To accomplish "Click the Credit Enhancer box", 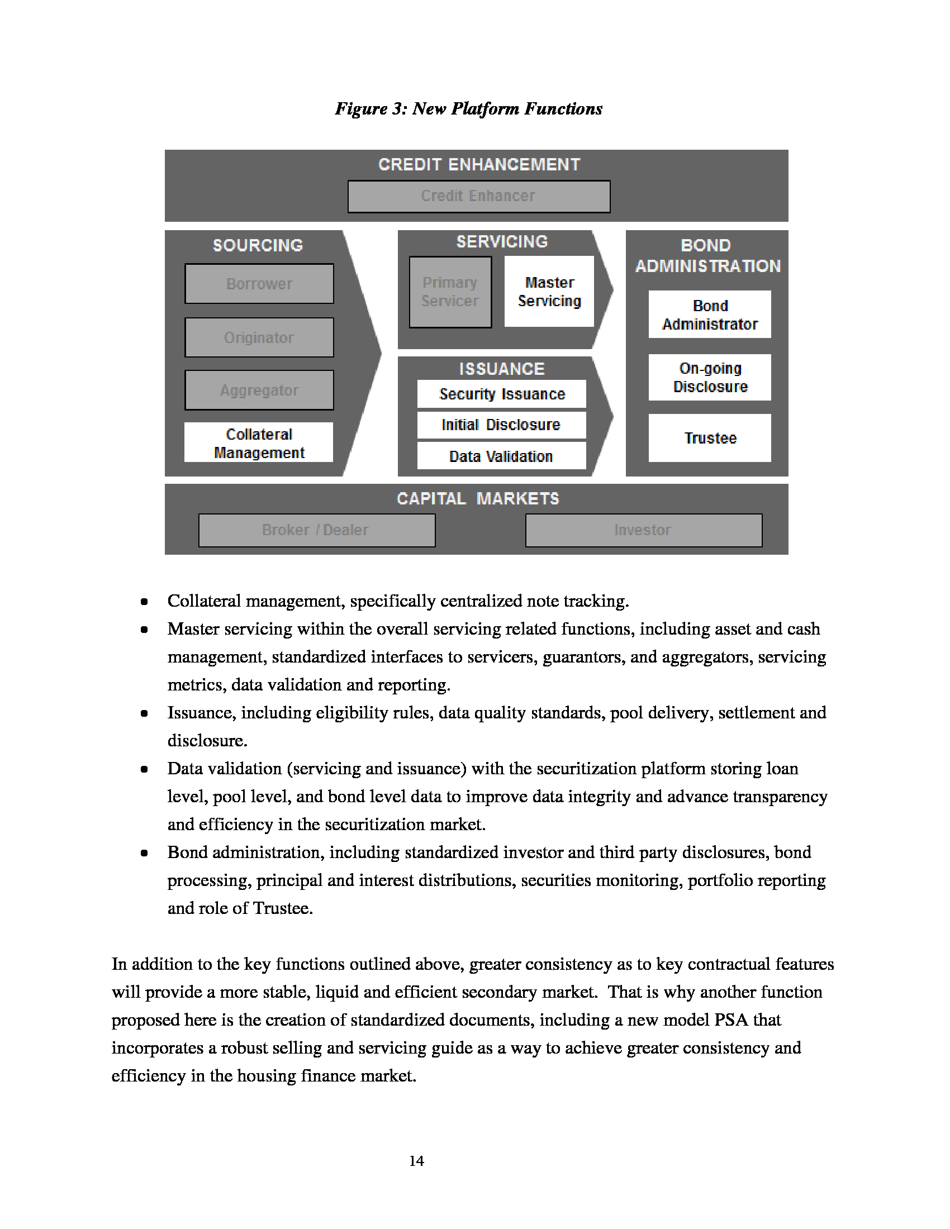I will [478, 197].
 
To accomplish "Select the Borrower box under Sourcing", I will [259, 284].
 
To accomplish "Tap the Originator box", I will [259, 337].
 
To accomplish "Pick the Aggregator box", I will [259, 390].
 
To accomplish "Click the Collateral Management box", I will [259, 443].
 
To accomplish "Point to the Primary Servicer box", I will [450, 292].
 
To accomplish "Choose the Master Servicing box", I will [549, 292].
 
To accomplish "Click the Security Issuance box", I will [501, 394].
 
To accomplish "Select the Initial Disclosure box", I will [501, 425].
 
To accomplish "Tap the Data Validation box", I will [501, 456].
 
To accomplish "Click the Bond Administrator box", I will [710, 315].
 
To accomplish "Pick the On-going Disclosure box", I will [710, 378].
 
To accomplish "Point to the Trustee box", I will [710, 439].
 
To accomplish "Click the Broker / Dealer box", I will [316, 530].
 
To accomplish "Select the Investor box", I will [643, 530].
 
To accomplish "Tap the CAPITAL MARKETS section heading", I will [478, 498].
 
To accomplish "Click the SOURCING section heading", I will [258, 245].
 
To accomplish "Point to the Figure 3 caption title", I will [468, 108].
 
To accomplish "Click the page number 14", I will [416, 1161].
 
